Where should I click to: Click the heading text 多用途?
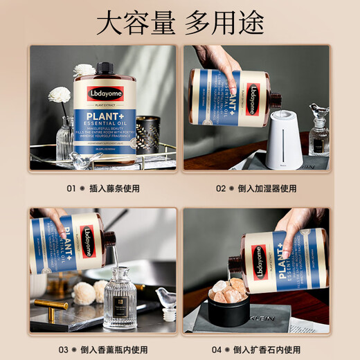click(225, 23)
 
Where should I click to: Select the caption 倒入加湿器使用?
click(265, 188)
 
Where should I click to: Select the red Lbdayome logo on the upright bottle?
click(105, 93)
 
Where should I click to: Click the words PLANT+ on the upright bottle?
click(105, 114)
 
